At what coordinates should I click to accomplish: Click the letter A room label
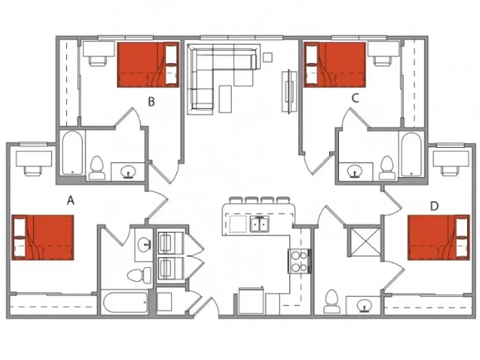[70, 200]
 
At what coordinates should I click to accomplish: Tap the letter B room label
[151, 102]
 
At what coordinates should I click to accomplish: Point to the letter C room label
[355, 98]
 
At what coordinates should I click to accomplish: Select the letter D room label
[434, 206]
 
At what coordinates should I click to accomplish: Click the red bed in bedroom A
[43, 237]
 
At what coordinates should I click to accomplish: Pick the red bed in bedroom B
[148, 65]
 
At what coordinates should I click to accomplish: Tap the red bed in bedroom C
[334, 65]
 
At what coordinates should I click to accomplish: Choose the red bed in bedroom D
[439, 237]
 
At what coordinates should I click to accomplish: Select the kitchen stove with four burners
[299, 262]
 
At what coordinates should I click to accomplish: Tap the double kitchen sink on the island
[259, 223]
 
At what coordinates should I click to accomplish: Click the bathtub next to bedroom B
[72, 153]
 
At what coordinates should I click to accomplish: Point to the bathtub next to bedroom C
[412, 154]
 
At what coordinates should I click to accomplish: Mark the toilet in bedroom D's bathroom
[332, 301]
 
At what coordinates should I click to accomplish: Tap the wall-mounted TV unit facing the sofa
[289, 91]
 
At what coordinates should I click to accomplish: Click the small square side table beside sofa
[268, 57]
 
